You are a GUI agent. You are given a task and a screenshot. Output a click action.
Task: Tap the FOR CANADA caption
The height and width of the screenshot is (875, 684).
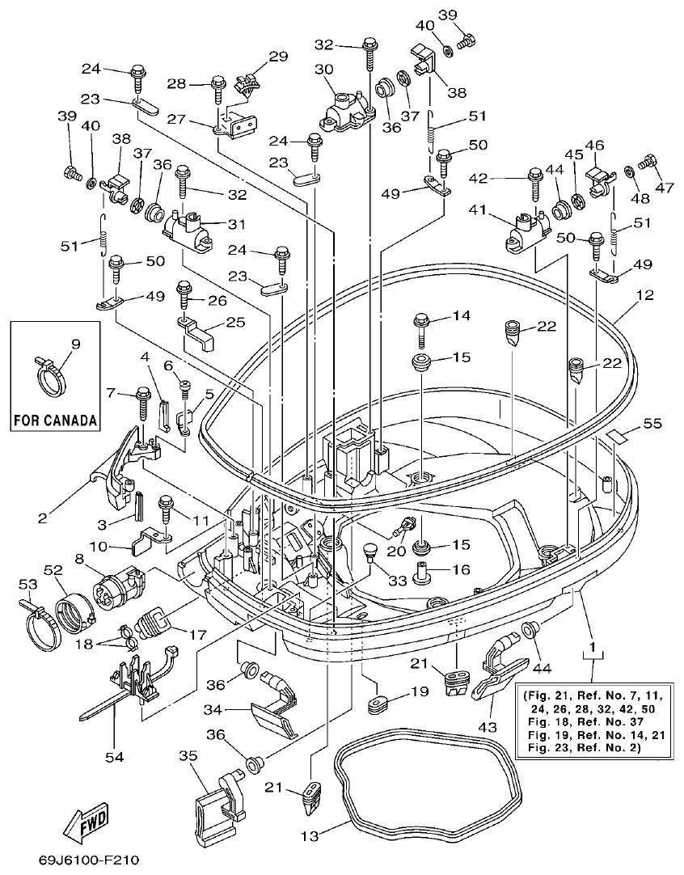(55, 421)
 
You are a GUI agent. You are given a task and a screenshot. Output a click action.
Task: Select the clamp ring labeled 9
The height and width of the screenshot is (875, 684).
(54, 374)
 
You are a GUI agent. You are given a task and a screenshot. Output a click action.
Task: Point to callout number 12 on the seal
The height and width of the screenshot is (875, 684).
(644, 298)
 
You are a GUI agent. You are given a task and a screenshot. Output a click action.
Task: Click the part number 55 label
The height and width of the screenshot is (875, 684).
(652, 423)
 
